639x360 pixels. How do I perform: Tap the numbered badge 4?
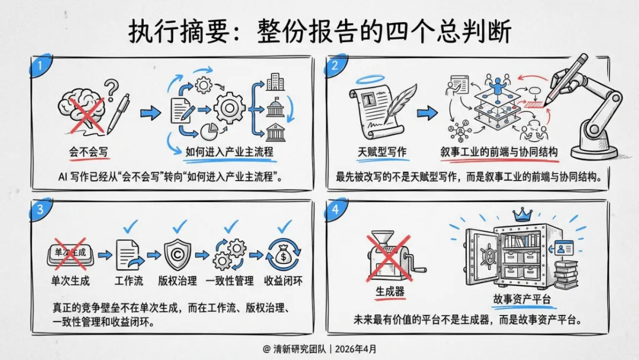[x=335, y=210]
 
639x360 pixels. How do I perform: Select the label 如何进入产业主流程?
[x=230, y=152]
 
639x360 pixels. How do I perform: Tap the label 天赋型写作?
[x=382, y=152]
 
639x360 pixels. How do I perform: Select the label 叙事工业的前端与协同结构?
[x=499, y=152]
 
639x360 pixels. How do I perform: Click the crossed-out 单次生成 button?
[x=70, y=253]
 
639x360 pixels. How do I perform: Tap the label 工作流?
[x=128, y=281]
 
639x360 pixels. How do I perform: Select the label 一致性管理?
[x=230, y=281]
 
